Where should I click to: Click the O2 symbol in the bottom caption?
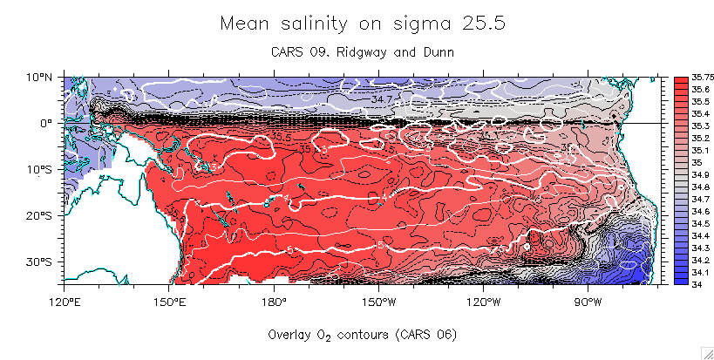[x=326, y=335]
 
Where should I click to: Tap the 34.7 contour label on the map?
[x=382, y=100]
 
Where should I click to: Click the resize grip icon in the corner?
[x=707, y=352]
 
